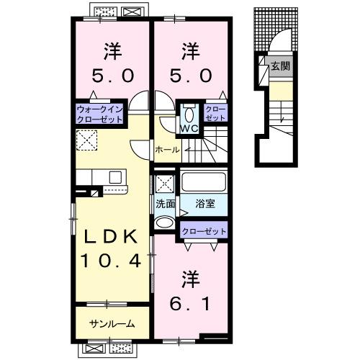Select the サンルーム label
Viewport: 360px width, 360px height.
click(112, 323)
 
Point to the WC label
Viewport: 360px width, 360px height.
click(189, 129)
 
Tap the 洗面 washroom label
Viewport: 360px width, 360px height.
click(166, 203)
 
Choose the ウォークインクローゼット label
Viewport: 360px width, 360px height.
click(101, 113)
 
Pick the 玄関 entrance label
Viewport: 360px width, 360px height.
click(279, 67)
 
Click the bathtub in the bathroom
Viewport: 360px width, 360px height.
click(205, 181)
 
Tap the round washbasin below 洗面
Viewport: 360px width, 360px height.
click(165, 222)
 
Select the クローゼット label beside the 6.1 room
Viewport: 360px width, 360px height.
click(204, 232)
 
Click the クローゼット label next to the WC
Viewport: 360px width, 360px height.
click(214, 113)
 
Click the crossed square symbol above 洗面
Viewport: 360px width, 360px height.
click(163, 183)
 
